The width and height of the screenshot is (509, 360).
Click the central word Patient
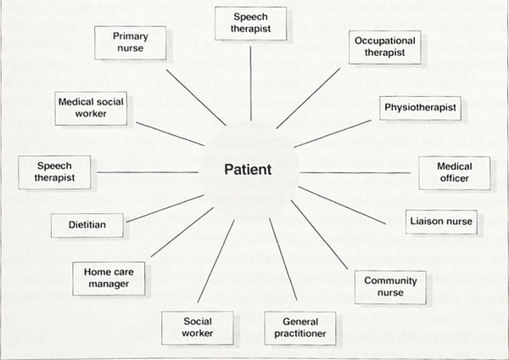coord(249,169)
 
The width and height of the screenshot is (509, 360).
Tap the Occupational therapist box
coord(383,47)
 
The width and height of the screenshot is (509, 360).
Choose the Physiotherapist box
coord(421,109)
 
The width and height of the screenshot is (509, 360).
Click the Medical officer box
coord(455,172)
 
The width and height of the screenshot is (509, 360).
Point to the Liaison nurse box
coord(439,221)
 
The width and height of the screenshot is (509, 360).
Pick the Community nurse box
coord(383,287)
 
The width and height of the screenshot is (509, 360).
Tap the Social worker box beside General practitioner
coord(197,327)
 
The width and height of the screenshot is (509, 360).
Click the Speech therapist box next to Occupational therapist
coord(250,25)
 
